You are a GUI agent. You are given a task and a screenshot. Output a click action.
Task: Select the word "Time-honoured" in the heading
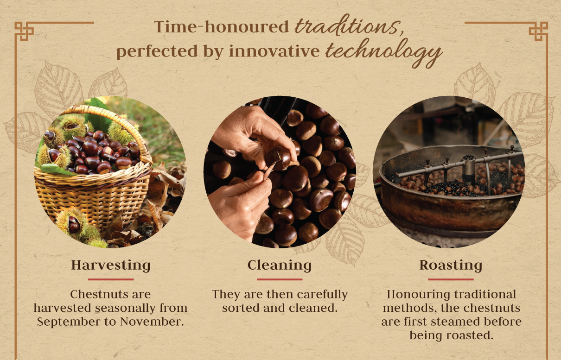click(222, 26)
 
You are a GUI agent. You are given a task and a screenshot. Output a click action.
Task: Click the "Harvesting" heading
click(111, 265)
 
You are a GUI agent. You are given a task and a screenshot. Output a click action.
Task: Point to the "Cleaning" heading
click(280, 265)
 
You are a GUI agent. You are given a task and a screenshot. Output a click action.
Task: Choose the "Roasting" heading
click(451, 265)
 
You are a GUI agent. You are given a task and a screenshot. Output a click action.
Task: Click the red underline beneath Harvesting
click(111, 279)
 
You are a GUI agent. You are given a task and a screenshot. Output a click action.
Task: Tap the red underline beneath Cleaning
click(280, 279)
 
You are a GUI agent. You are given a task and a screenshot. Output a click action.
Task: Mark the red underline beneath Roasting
click(451, 279)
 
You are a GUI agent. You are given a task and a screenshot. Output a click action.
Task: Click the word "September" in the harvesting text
click(69, 322)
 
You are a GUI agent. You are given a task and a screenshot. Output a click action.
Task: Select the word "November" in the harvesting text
click(152, 322)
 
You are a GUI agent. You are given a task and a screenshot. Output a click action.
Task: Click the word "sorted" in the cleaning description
click(241, 308)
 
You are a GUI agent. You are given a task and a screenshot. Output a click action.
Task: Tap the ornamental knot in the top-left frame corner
click(24, 31)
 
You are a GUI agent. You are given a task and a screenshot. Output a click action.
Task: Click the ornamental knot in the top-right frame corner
click(538, 32)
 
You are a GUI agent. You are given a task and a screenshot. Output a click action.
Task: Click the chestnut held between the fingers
click(278, 158)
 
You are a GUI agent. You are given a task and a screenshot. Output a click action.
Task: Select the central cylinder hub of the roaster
click(469, 168)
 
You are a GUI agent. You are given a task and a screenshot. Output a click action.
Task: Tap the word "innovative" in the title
click(274, 51)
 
